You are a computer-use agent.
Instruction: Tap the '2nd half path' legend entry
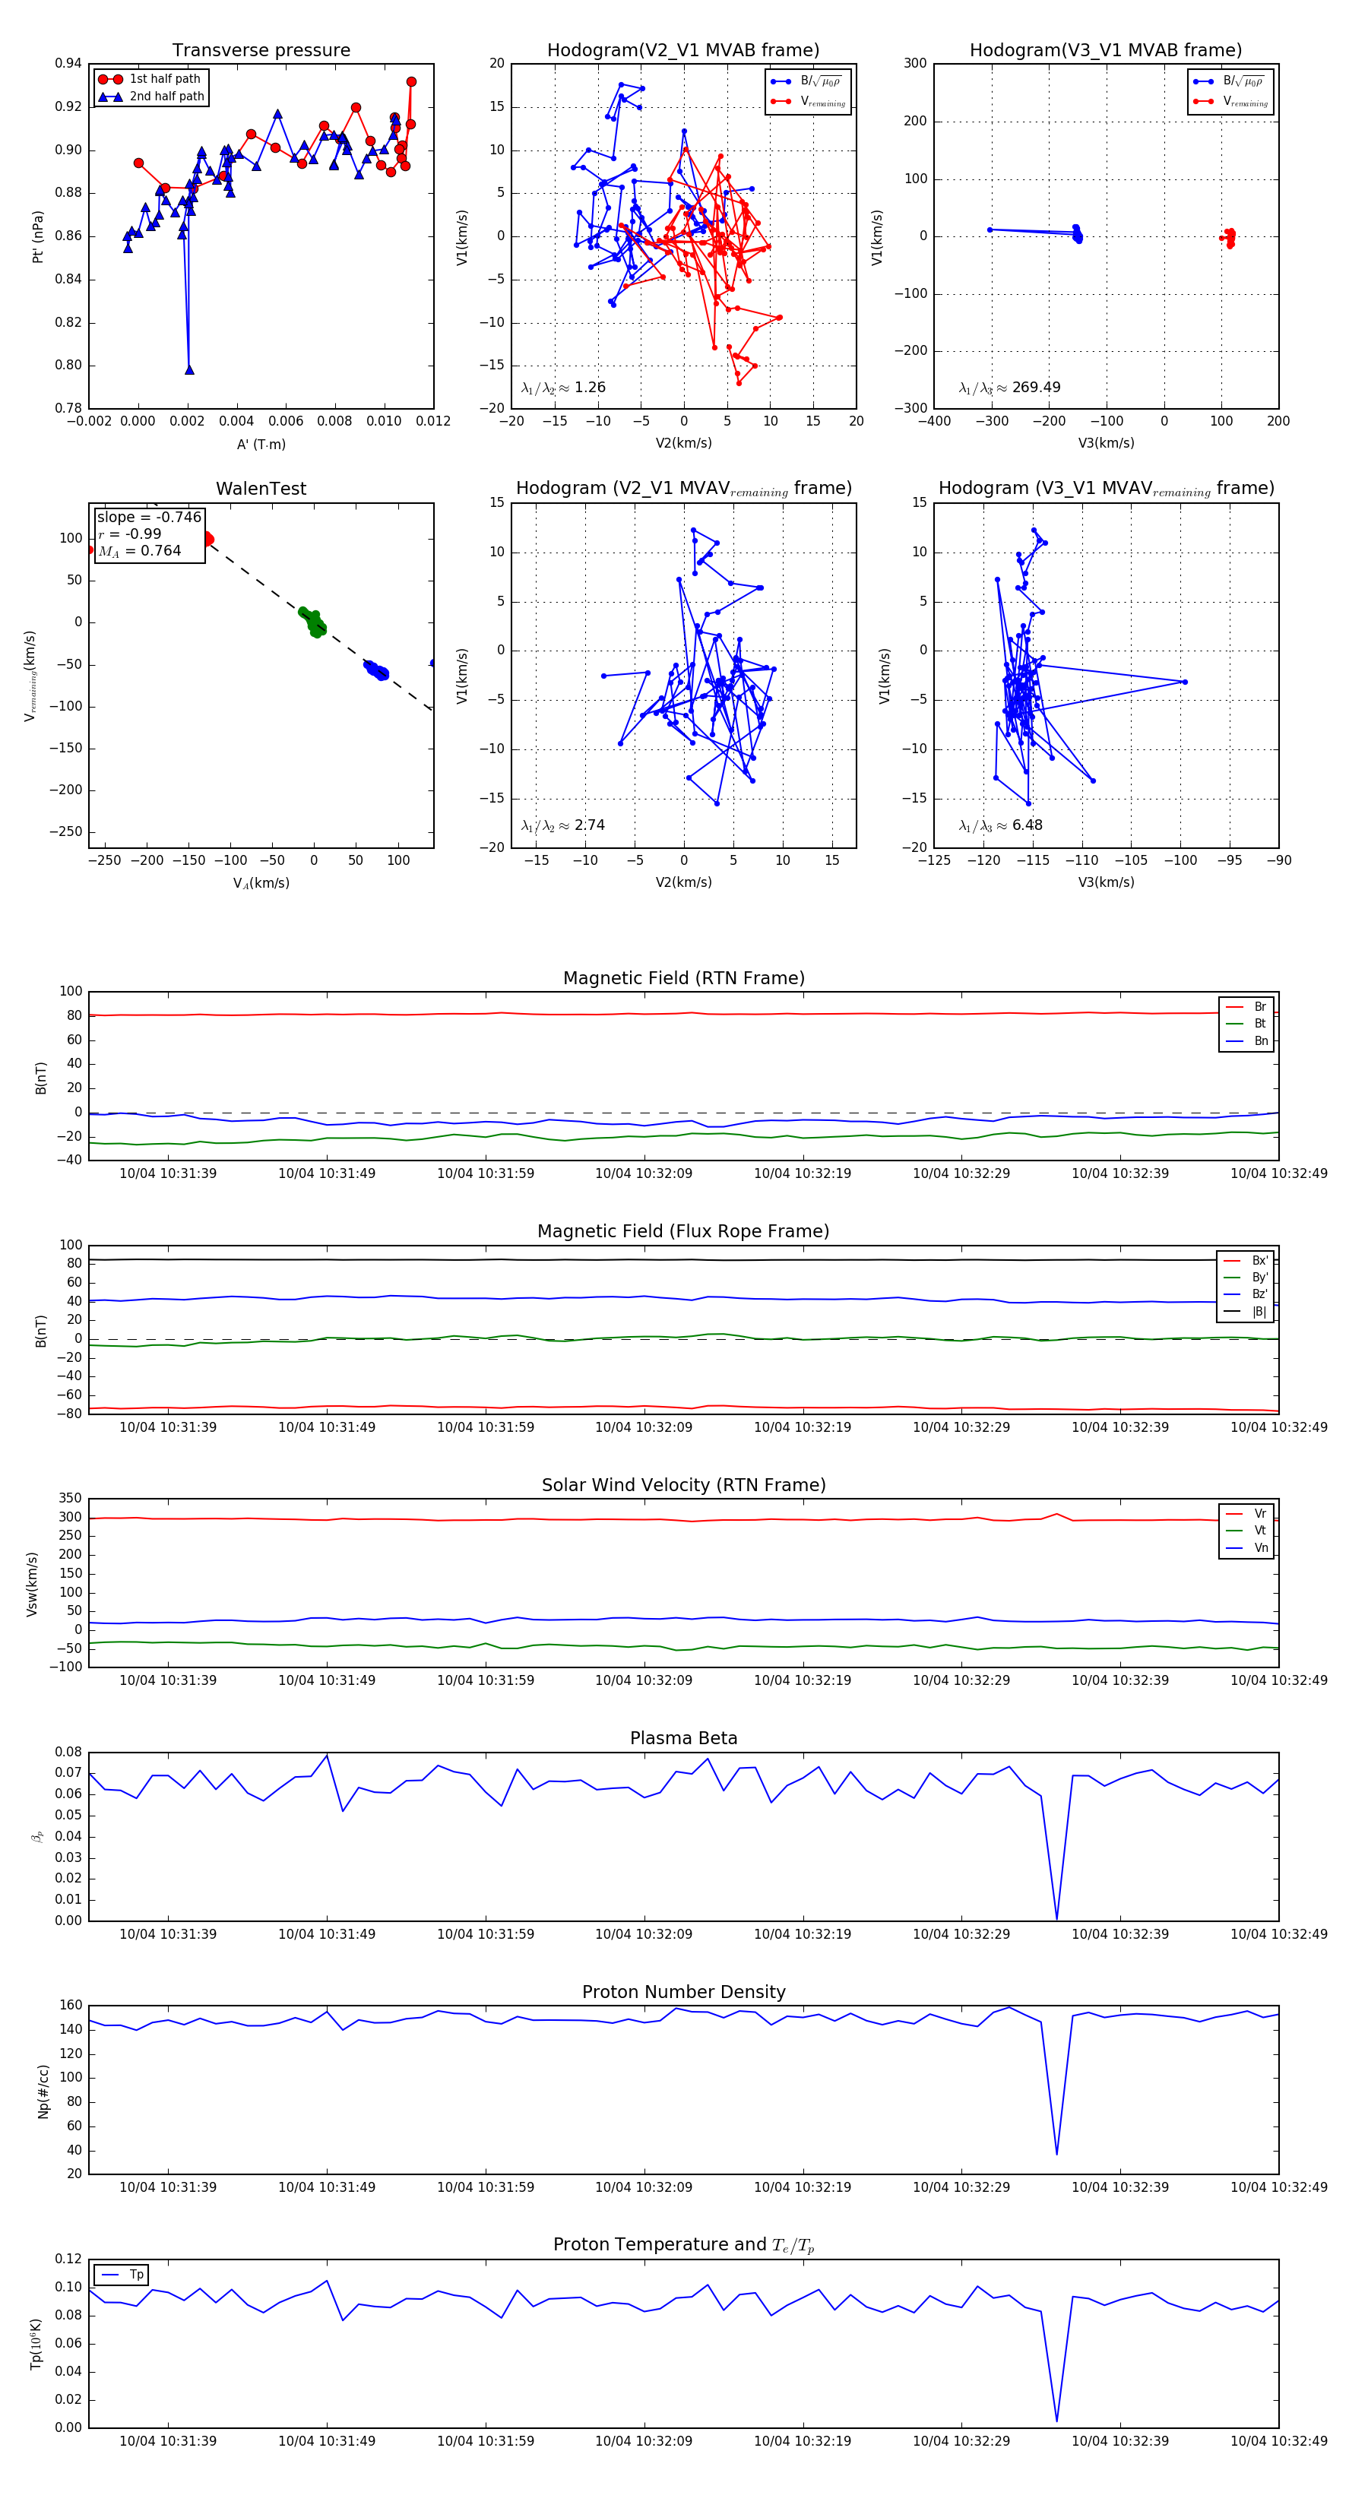(x=166, y=97)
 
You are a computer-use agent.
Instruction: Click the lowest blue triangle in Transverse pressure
(x=189, y=370)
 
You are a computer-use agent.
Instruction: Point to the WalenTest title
(x=261, y=489)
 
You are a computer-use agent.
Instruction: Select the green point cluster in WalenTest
(x=312, y=621)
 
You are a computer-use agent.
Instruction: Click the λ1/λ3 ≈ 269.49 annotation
(x=1010, y=388)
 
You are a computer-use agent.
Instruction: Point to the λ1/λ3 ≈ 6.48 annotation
(x=1001, y=825)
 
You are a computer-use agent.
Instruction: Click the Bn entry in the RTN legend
(x=1260, y=1040)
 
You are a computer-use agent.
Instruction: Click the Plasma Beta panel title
(x=683, y=1738)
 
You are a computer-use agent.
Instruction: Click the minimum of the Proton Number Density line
(x=1056, y=2152)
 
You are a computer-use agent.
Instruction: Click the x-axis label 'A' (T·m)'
(x=261, y=444)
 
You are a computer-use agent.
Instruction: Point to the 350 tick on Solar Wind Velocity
(x=70, y=1499)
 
